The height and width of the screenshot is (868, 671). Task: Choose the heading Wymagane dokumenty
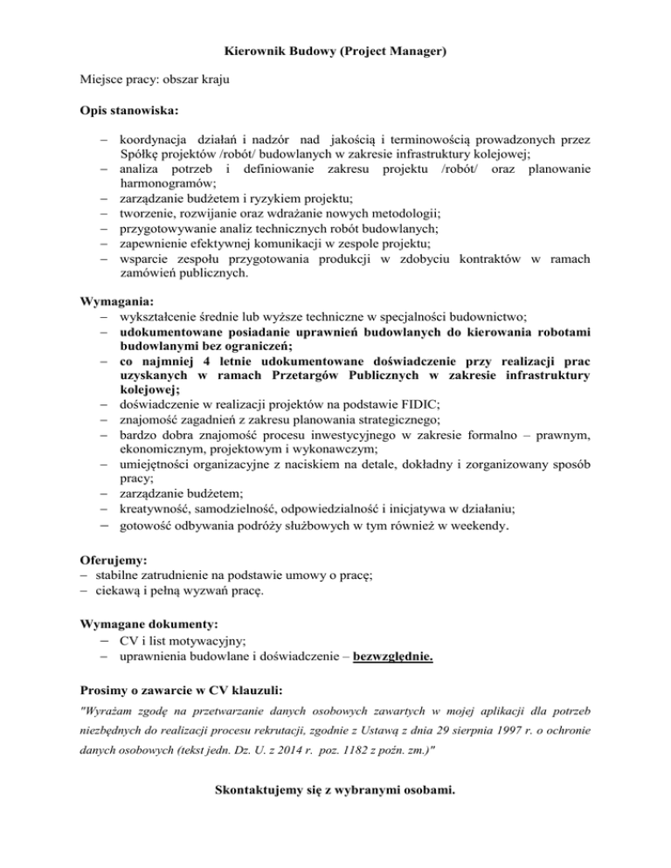150,625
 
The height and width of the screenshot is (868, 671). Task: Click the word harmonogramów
166,184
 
